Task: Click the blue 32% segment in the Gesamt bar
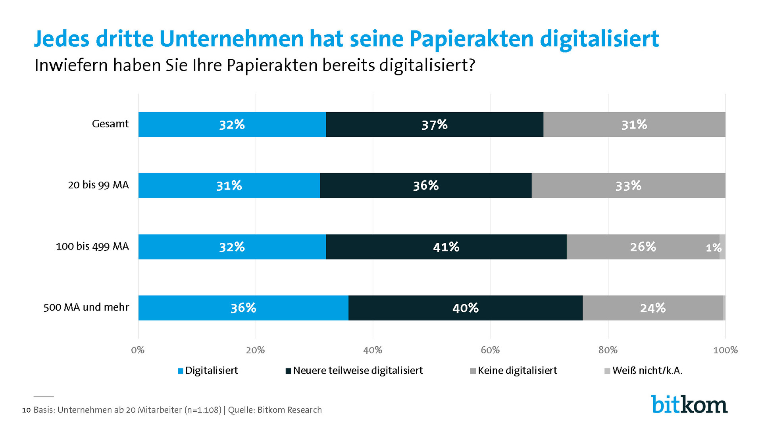232,125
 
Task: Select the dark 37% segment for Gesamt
434,125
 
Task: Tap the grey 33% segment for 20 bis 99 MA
628,186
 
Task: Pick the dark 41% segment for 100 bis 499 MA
446,247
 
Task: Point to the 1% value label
713,248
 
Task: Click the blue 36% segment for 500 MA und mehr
243,308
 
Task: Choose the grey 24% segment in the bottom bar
652,308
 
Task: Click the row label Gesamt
110,124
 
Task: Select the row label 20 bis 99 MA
98,185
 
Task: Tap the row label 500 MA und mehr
86,307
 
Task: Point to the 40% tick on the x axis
373,350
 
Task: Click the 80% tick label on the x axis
608,350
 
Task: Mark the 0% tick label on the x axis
138,350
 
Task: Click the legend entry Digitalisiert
211,370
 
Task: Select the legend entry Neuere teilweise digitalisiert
358,370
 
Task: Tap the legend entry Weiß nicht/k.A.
647,370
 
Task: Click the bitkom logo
689,404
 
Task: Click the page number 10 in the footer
26,410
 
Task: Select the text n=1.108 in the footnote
203,410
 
